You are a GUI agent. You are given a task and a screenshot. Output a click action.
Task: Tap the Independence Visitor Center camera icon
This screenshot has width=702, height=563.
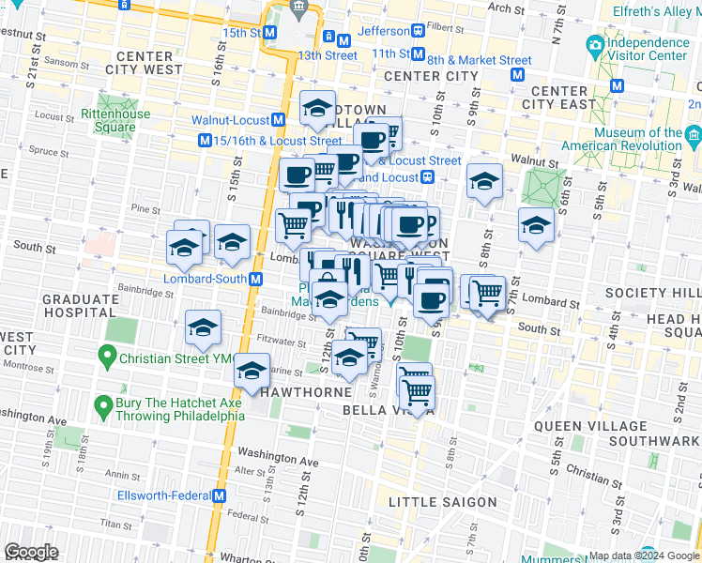[x=594, y=44]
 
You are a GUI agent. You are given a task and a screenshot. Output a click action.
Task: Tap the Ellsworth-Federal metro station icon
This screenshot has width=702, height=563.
[x=221, y=495]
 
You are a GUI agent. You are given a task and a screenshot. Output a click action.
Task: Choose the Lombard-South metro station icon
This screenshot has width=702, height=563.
[x=256, y=279]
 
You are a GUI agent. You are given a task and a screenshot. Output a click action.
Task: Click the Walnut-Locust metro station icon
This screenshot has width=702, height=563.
[x=279, y=120]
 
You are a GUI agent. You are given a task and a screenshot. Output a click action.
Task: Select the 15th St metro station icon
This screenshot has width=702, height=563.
[x=269, y=32]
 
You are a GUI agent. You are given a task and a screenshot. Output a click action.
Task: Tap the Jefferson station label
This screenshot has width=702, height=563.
[x=384, y=31]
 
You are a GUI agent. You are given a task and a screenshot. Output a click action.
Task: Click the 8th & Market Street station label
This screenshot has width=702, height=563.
[x=480, y=60]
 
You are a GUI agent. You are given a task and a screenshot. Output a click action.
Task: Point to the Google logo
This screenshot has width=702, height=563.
[x=32, y=553]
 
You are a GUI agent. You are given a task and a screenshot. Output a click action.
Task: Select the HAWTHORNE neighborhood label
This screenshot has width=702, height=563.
[x=298, y=390]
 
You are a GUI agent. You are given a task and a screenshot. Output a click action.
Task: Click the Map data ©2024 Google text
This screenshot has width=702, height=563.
[x=624, y=555]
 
